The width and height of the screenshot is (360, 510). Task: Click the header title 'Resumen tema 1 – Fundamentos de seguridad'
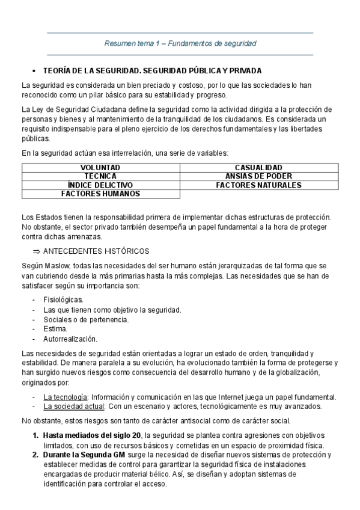(180, 43)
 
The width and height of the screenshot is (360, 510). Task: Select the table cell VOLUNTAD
(100, 167)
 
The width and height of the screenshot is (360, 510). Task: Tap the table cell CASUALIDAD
(258, 167)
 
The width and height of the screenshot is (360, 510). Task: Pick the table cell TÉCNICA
(100, 176)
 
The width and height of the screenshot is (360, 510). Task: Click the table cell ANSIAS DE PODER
(258, 176)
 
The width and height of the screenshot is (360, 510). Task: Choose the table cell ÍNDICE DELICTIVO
(100, 185)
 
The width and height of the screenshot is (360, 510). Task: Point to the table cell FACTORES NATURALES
(258, 185)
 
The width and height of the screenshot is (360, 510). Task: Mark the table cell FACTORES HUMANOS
(100, 194)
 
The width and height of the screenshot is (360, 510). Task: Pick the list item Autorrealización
(70, 339)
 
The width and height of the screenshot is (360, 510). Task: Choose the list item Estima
(55, 329)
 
